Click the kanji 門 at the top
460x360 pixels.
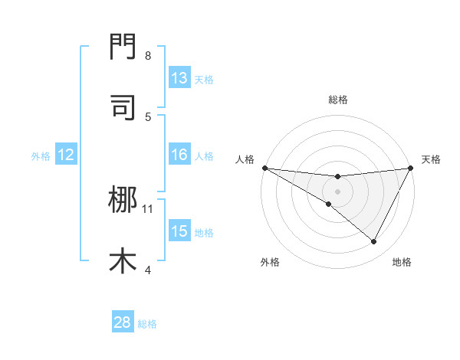coord(123,48)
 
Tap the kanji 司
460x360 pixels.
coord(123,107)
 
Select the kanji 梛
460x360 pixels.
coord(123,201)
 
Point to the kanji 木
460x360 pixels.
coord(123,260)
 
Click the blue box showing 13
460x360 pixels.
coord(179,78)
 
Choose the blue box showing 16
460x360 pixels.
coord(179,155)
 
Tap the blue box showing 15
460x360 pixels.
coord(179,231)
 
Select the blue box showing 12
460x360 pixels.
coord(66,155)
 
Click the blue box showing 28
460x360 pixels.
coord(123,322)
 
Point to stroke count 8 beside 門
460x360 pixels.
coord(148,56)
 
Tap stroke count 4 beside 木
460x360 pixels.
coord(148,269)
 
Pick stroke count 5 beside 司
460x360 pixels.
coord(148,116)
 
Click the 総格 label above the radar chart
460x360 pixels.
coord(337,100)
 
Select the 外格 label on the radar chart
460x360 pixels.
coord(270,262)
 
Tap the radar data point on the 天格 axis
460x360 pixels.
coord(411,168)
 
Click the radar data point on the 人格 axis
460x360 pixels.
coord(264,168)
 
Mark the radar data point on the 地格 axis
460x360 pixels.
coord(374,242)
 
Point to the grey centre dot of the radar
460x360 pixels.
coord(337,191)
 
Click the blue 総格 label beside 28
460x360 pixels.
coord(147,323)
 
